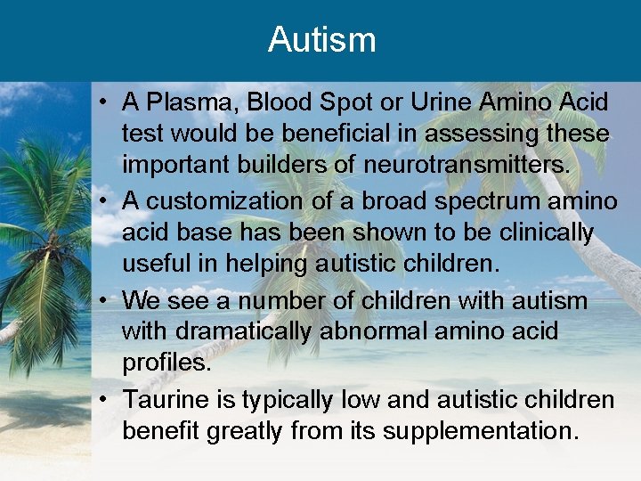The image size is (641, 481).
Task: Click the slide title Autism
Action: pos(321,39)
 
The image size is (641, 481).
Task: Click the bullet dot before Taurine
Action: pos(105,399)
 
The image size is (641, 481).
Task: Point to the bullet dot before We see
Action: pos(105,300)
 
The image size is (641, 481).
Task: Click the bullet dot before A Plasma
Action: pos(105,102)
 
